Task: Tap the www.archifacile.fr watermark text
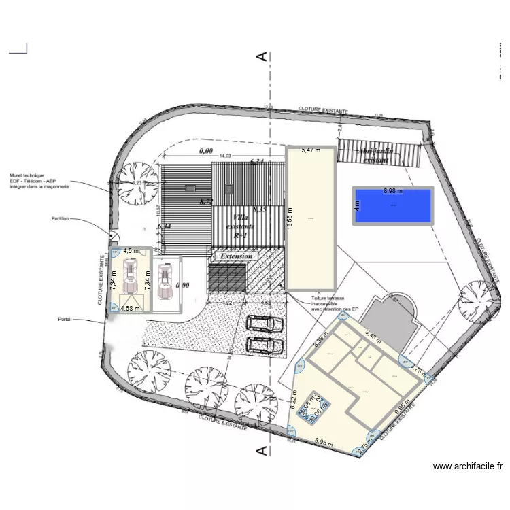(x=467, y=466)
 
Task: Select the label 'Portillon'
(x=62, y=219)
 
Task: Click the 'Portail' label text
(x=65, y=318)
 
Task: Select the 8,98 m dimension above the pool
(x=392, y=191)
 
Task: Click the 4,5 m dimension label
(x=131, y=250)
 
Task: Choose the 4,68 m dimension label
(x=130, y=308)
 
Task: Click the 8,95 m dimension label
(x=324, y=442)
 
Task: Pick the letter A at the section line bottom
(x=260, y=449)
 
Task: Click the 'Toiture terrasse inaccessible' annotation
(x=334, y=304)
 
